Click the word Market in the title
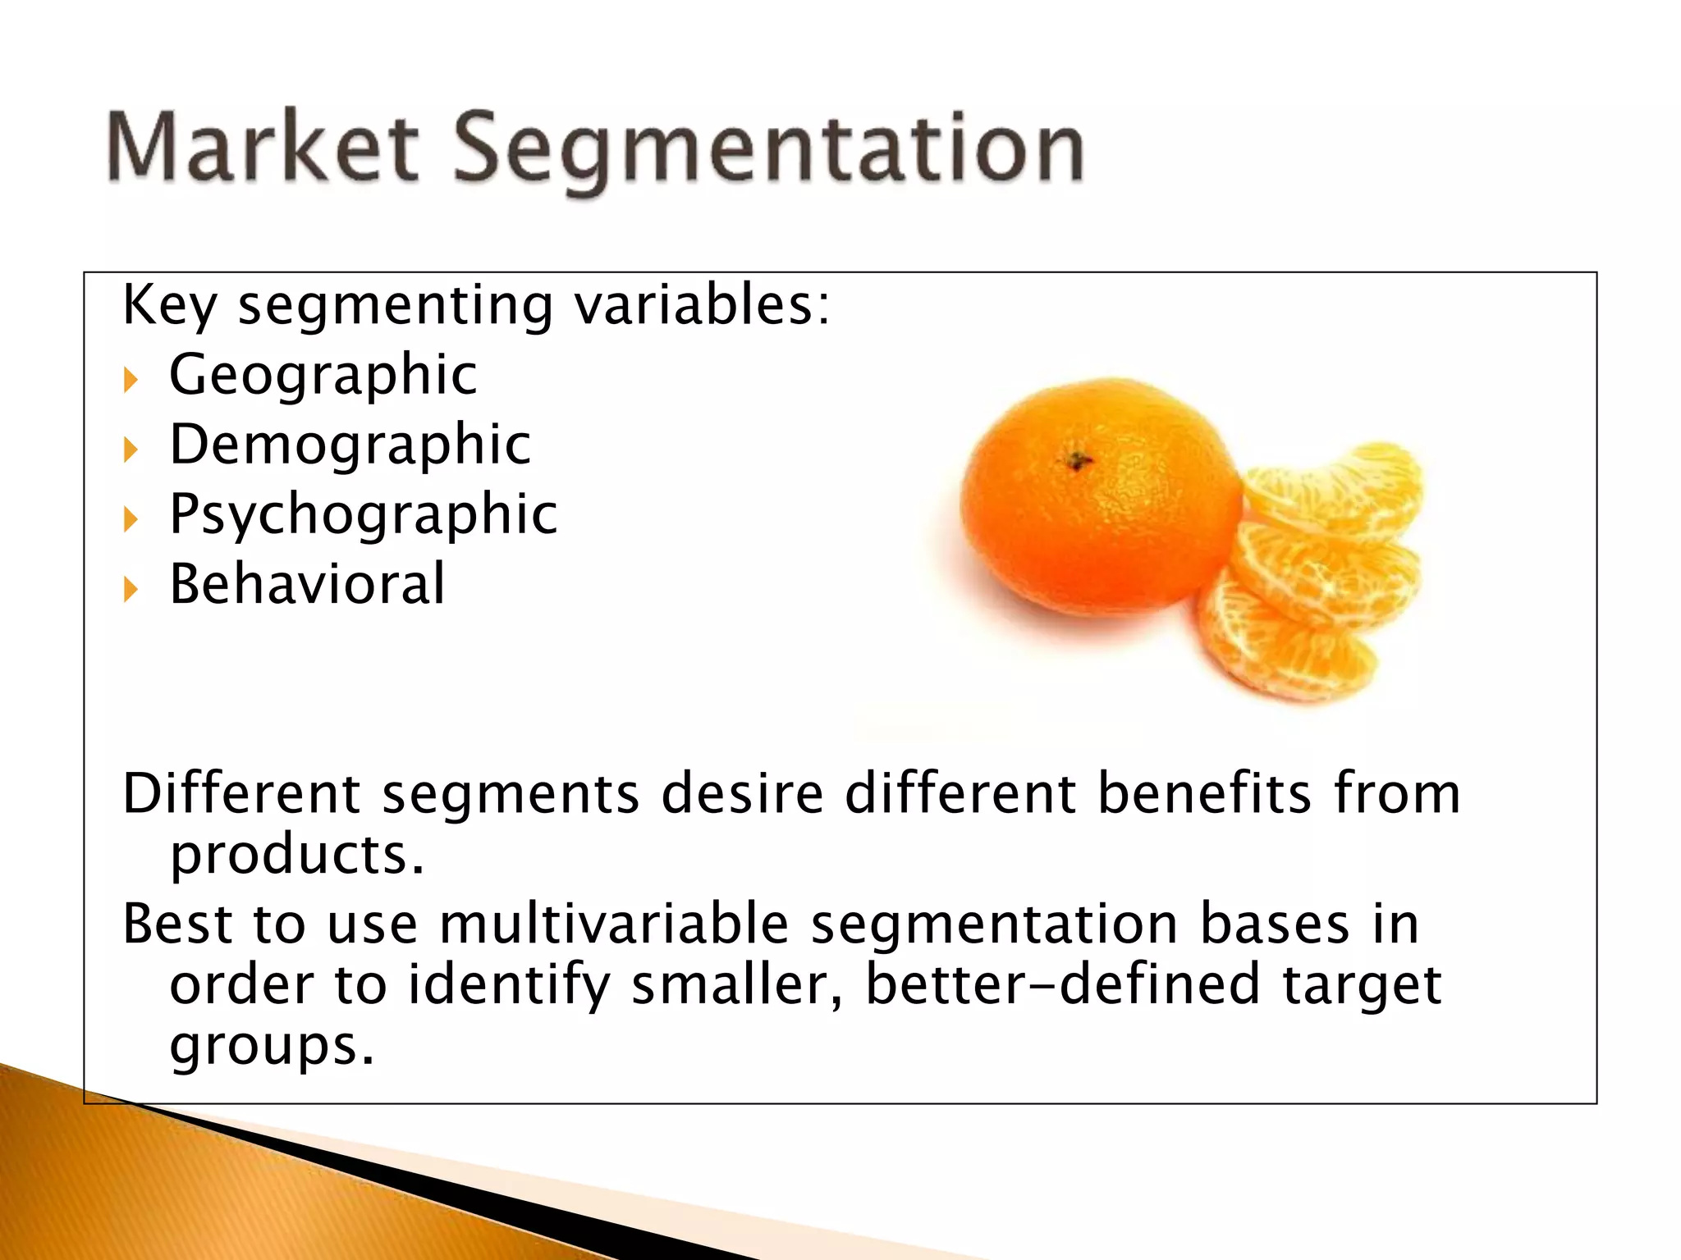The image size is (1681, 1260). point(263,148)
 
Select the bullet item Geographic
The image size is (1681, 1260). point(323,375)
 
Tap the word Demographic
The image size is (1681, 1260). point(350,445)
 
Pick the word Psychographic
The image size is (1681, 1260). point(364,515)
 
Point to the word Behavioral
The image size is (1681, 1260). point(307,584)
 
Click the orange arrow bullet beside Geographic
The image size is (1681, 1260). point(131,380)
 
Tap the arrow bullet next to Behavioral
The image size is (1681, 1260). point(131,589)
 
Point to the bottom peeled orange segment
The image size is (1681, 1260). point(1285,648)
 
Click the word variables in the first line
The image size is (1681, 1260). point(702,305)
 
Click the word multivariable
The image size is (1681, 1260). point(614,924)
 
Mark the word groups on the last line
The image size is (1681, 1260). point(271,1046)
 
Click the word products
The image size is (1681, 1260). point(296,855)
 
